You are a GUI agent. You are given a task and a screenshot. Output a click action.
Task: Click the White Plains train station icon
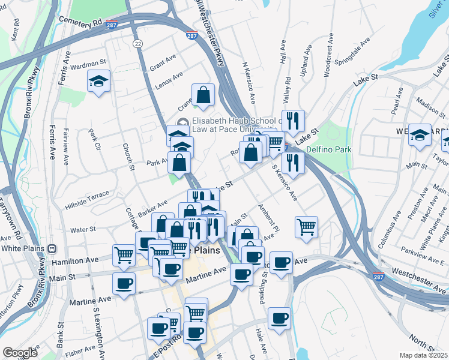tap(52, 248)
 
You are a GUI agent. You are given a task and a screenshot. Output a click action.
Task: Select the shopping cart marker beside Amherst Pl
tap(306, 227)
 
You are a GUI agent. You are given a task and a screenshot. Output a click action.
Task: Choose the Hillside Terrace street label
tap(87, 195)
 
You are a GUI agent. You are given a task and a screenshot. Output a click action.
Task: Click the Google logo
tap(20, 353)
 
